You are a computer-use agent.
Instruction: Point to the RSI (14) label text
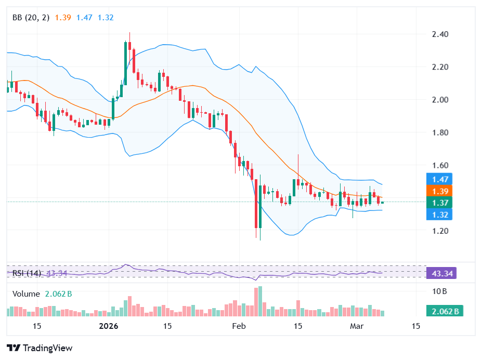pos(26,273)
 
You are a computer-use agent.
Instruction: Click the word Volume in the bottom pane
pos(26,294)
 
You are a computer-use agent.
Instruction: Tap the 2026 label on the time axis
pos(109,327)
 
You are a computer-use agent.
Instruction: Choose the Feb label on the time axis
pos(238,327)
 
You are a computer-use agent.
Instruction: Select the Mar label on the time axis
pos(357,327)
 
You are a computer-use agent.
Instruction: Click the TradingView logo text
pos(47,348)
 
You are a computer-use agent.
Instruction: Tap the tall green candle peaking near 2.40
pos(125,62)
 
